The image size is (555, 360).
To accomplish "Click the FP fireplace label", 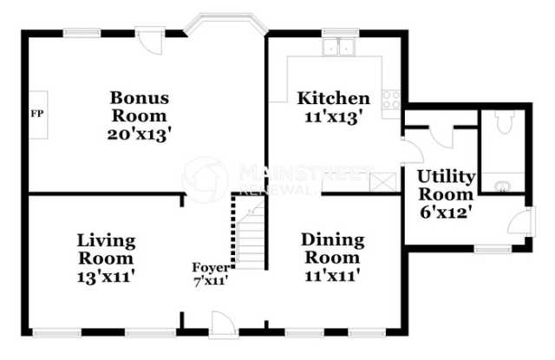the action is tap(37, 114).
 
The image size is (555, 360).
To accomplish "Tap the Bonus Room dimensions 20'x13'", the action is tap(140, 134).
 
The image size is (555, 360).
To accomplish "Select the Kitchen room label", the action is tap(333, 98).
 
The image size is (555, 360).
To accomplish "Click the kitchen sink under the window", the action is tap(339, 47).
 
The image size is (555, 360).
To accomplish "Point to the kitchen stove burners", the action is tap(391, 100).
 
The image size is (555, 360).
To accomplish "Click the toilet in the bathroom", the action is tap(505, 121).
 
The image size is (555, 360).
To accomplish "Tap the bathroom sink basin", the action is tap(502, 186).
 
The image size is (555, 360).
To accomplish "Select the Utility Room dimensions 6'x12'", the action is tap(446, 213).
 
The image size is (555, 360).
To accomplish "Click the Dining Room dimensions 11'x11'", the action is tap(332, 275).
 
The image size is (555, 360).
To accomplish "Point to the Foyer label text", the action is tap(211, 267).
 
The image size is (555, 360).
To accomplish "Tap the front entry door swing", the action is tap(224, 324).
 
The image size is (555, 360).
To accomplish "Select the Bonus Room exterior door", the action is tap(150, 43).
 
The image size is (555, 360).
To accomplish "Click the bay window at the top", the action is tap(226, 23).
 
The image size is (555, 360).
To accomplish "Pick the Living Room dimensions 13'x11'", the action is tap(106, 277).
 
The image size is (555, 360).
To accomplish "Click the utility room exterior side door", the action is tap(522, 221).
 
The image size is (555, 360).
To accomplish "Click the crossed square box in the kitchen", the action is tap(383, 182).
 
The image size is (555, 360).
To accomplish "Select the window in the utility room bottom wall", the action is tap(493, 250).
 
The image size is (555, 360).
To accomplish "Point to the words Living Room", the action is tap(106, 250).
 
